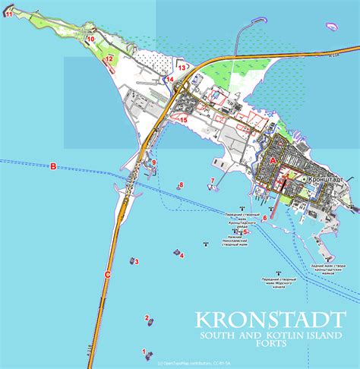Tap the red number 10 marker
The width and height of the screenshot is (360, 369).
point(90,38)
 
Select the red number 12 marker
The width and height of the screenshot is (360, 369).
point(109,58)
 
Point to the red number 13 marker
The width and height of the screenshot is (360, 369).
point(182,68)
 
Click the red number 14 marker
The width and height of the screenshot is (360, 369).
point(170,79)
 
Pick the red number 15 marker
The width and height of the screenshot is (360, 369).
point(183,118)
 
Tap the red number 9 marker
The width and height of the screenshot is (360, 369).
point(154,162)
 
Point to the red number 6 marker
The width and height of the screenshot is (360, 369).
point(264,217)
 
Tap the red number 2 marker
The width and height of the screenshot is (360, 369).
point(146,318)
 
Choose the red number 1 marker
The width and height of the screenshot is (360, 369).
point(144,351)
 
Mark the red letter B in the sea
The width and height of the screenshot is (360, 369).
point(53,166)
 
